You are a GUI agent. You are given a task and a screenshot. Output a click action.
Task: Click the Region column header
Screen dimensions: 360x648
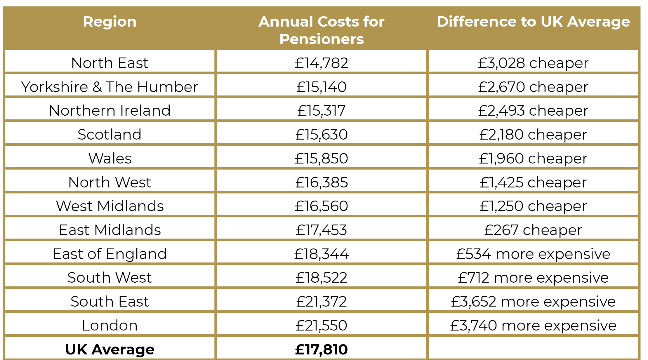coord(110,22)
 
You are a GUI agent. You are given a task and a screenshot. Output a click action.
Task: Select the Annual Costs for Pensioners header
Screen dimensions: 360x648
coord(321,30)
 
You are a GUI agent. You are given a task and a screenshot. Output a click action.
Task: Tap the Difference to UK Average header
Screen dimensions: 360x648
coord(533,22)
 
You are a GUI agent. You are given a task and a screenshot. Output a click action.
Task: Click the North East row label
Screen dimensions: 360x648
coord(110,63)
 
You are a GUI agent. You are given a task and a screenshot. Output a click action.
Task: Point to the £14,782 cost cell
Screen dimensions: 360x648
coord(321,63)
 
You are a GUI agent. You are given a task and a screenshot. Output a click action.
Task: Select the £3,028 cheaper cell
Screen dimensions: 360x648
coord(533,63)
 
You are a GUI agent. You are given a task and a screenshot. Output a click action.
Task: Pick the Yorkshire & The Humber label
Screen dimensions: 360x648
coord(110,87)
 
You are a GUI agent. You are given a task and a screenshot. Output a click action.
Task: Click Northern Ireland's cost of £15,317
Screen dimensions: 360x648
coord(321,111)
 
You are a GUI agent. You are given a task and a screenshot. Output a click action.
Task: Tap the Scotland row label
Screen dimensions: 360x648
coord(110,135)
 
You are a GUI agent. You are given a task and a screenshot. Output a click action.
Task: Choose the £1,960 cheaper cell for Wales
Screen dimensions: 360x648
coord(533,159)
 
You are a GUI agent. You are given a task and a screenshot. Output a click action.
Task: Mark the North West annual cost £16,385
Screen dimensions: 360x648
coord(321,182)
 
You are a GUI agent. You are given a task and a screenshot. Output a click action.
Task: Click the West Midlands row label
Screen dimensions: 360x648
coord(110,206)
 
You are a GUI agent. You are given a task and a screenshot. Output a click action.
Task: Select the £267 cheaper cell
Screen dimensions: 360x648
coord(533,230)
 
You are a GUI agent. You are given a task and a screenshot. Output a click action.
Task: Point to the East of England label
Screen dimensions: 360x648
coord(110,254)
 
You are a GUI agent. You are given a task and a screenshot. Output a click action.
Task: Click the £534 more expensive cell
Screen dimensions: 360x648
coord(533,254)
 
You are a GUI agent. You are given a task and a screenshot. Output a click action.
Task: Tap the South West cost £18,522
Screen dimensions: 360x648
coord(321,278)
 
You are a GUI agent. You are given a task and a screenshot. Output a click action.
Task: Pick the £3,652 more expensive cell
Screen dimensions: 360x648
coord(533,302)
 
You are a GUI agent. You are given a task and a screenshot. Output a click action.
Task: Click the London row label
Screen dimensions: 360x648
coord(110,326)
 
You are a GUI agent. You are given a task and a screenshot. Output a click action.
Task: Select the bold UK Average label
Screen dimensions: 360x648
coord(110,349)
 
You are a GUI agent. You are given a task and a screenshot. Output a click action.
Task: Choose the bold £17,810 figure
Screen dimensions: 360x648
coord(321,349)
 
